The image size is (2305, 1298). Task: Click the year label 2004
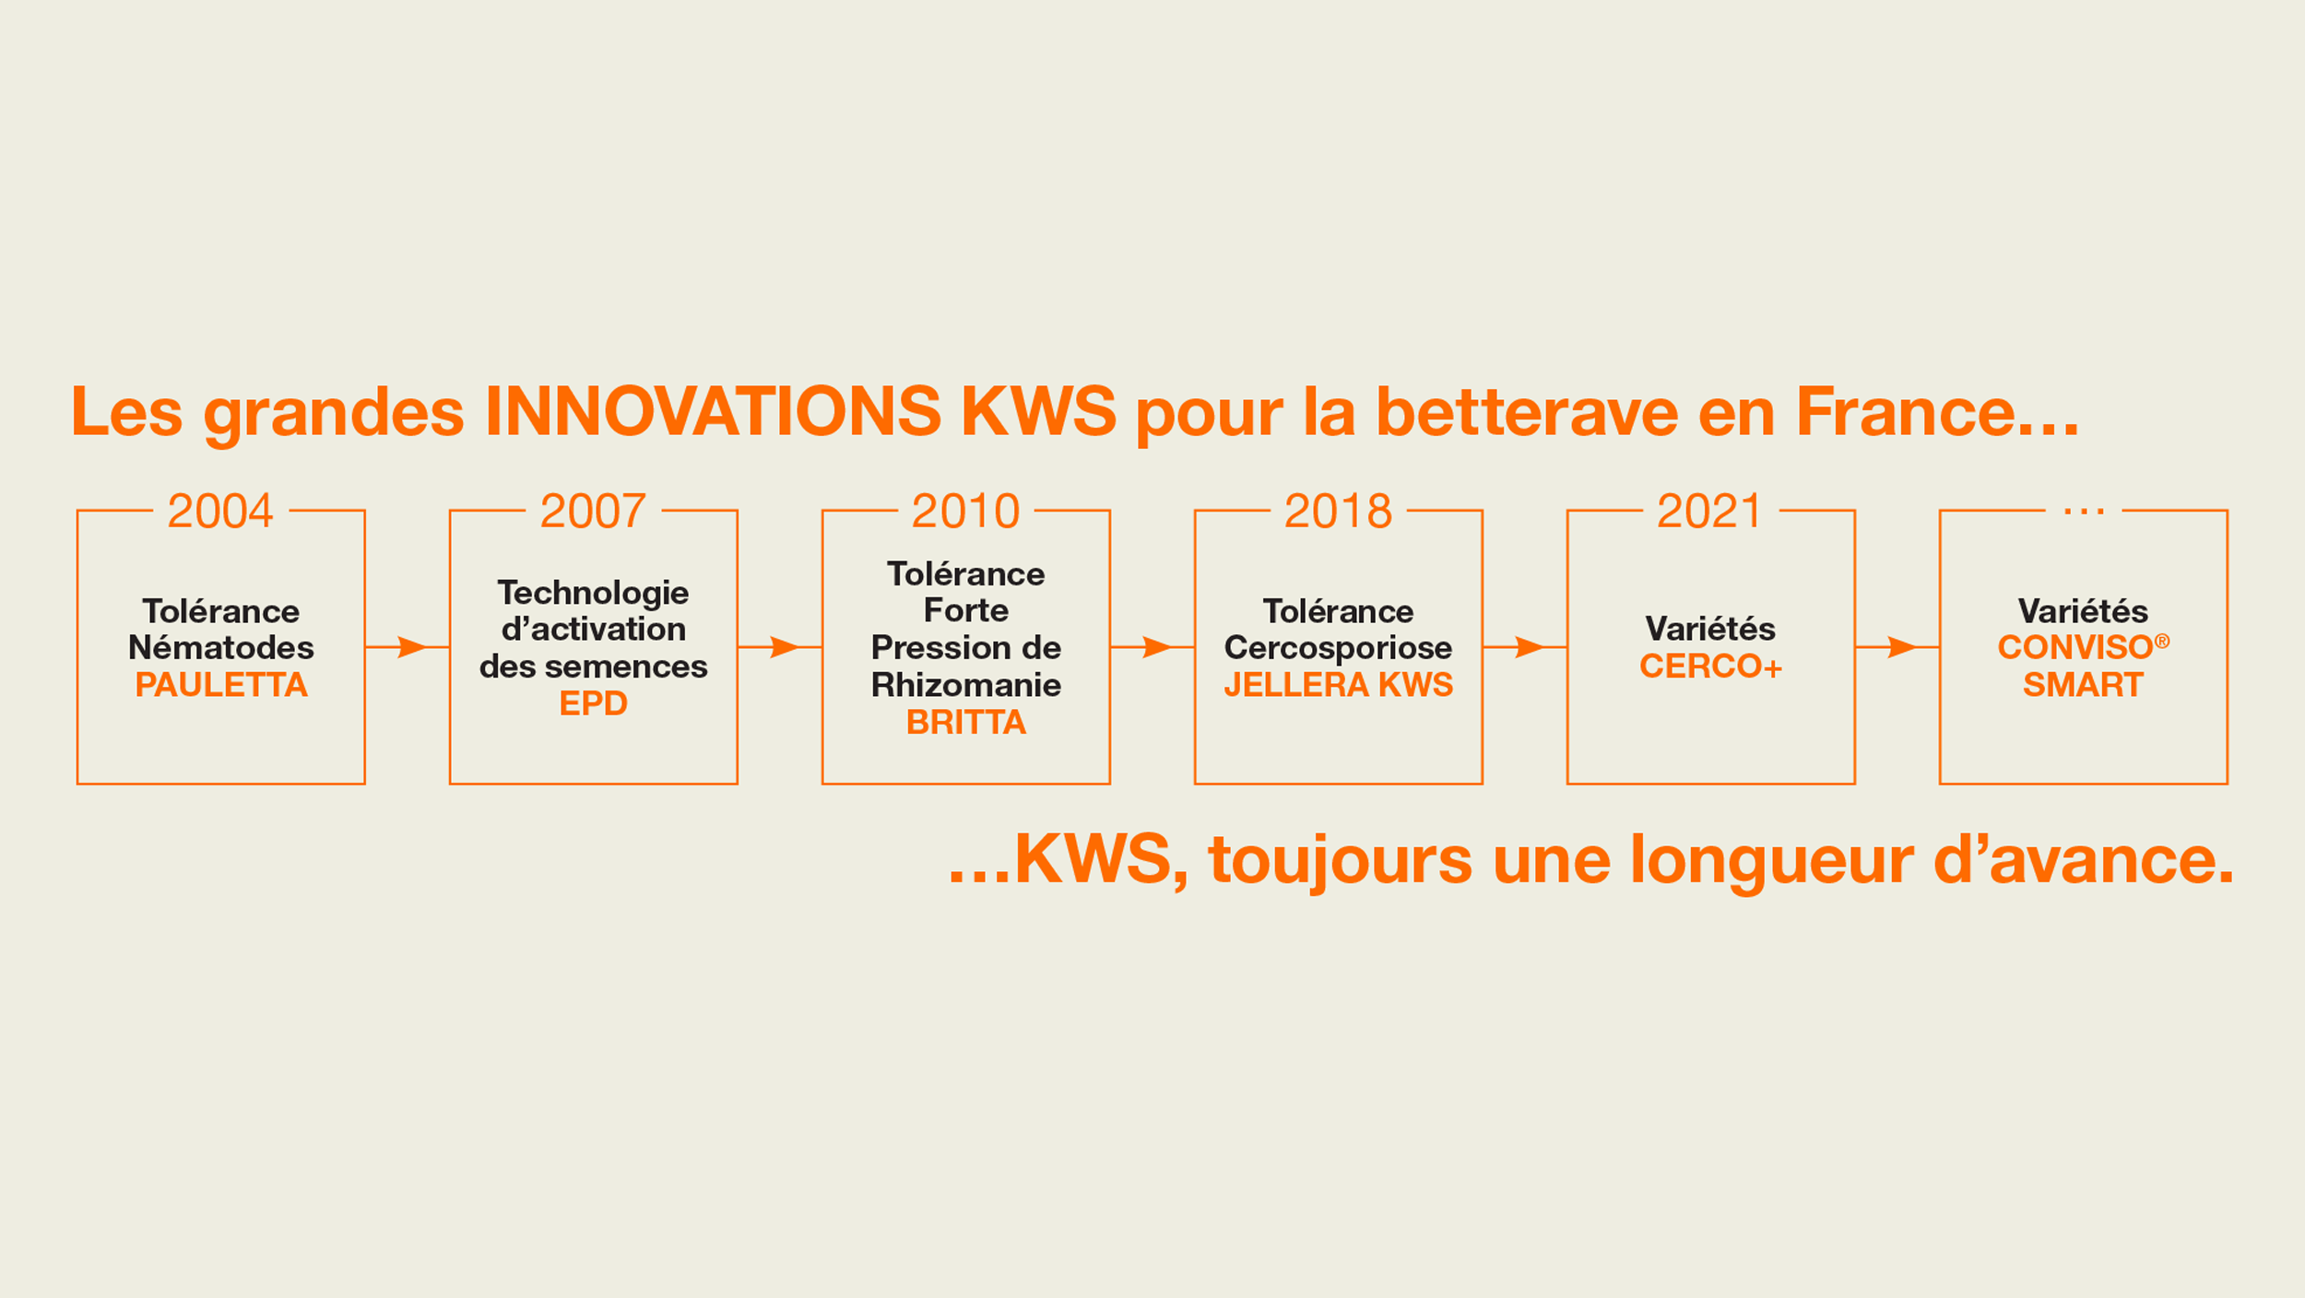coord(220,511)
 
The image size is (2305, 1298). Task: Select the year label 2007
coord(593,511)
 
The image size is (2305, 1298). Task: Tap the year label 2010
coord(965,511)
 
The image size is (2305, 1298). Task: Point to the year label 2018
coord(1338,511)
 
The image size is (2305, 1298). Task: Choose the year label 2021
coord(1710,511)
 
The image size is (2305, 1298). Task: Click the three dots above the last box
coord(2084,512)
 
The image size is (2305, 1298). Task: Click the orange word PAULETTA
coord(221,685)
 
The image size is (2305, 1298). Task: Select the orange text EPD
coord(593,703)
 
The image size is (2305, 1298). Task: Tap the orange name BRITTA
coord(965,722)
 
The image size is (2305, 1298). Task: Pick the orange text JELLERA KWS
coord(1338,685)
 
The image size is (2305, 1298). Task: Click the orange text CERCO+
coord(1710,666)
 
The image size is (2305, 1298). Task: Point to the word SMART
coord(2083,685)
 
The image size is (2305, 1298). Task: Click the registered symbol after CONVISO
coord(2161,642)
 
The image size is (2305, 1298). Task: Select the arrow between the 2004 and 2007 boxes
coord(408,647)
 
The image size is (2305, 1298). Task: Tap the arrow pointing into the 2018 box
coord(1152,647)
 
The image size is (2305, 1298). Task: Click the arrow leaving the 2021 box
coord(1897,647)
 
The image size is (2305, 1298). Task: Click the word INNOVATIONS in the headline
coord(713,411)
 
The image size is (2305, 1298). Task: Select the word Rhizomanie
coord(965,685)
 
